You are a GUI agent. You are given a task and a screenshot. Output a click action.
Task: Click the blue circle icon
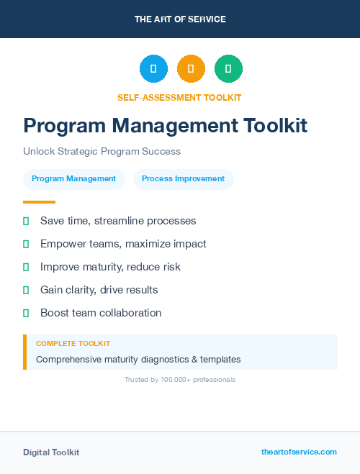pyautogui.click(x=153, y=69)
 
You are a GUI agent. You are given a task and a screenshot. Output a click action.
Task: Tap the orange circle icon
pyautogui.click(x=191, y=69)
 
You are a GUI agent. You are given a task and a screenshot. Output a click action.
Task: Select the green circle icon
pyautogui.click(x=228, y=69)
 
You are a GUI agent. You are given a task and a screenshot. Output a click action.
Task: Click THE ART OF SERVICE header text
pyautogui.click(x=180, y=19)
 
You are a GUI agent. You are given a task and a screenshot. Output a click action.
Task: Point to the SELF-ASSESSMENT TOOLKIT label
pyautogui.click(x=179, y=97)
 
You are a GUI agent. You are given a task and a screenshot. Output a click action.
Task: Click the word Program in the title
pyautogui.click(x=64, y=126)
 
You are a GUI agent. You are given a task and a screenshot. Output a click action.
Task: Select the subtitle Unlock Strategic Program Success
pyautogui.click(x=102, y=152)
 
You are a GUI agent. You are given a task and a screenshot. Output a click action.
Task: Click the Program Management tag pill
pyautogui.click(x=73, y=179)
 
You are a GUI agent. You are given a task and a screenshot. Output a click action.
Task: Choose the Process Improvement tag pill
pyautogui.click(x=183, y=179)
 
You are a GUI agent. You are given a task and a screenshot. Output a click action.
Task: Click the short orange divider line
pyautogui.click(x=39, y=202)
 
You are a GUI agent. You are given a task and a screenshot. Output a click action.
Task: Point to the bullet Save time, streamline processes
pyautogui.click(x=118, y=221)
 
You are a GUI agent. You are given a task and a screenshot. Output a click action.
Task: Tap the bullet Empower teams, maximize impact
pyautogui.click(x=123, y=244)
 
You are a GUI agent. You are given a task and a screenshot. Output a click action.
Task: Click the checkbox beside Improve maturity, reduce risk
pyautogui.click(x=26, y=267)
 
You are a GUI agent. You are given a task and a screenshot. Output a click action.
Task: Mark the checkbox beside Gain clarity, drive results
pyautogui.click(x=26, y=290)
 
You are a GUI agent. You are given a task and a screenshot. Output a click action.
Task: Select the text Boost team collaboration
pyautogui.click(x=101, y=313)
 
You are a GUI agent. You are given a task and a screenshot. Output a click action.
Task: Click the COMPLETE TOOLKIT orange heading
pyautogui.click(x=73, y=344)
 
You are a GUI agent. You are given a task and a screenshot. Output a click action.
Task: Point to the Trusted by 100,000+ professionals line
pyautogui.click(x=180, y=380)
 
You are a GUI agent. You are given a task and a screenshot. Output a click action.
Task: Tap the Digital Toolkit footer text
pyautogui.click(x=51, y=452)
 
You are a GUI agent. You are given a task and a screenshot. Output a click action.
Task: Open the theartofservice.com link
pyautogui.click(x=299, y=452)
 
